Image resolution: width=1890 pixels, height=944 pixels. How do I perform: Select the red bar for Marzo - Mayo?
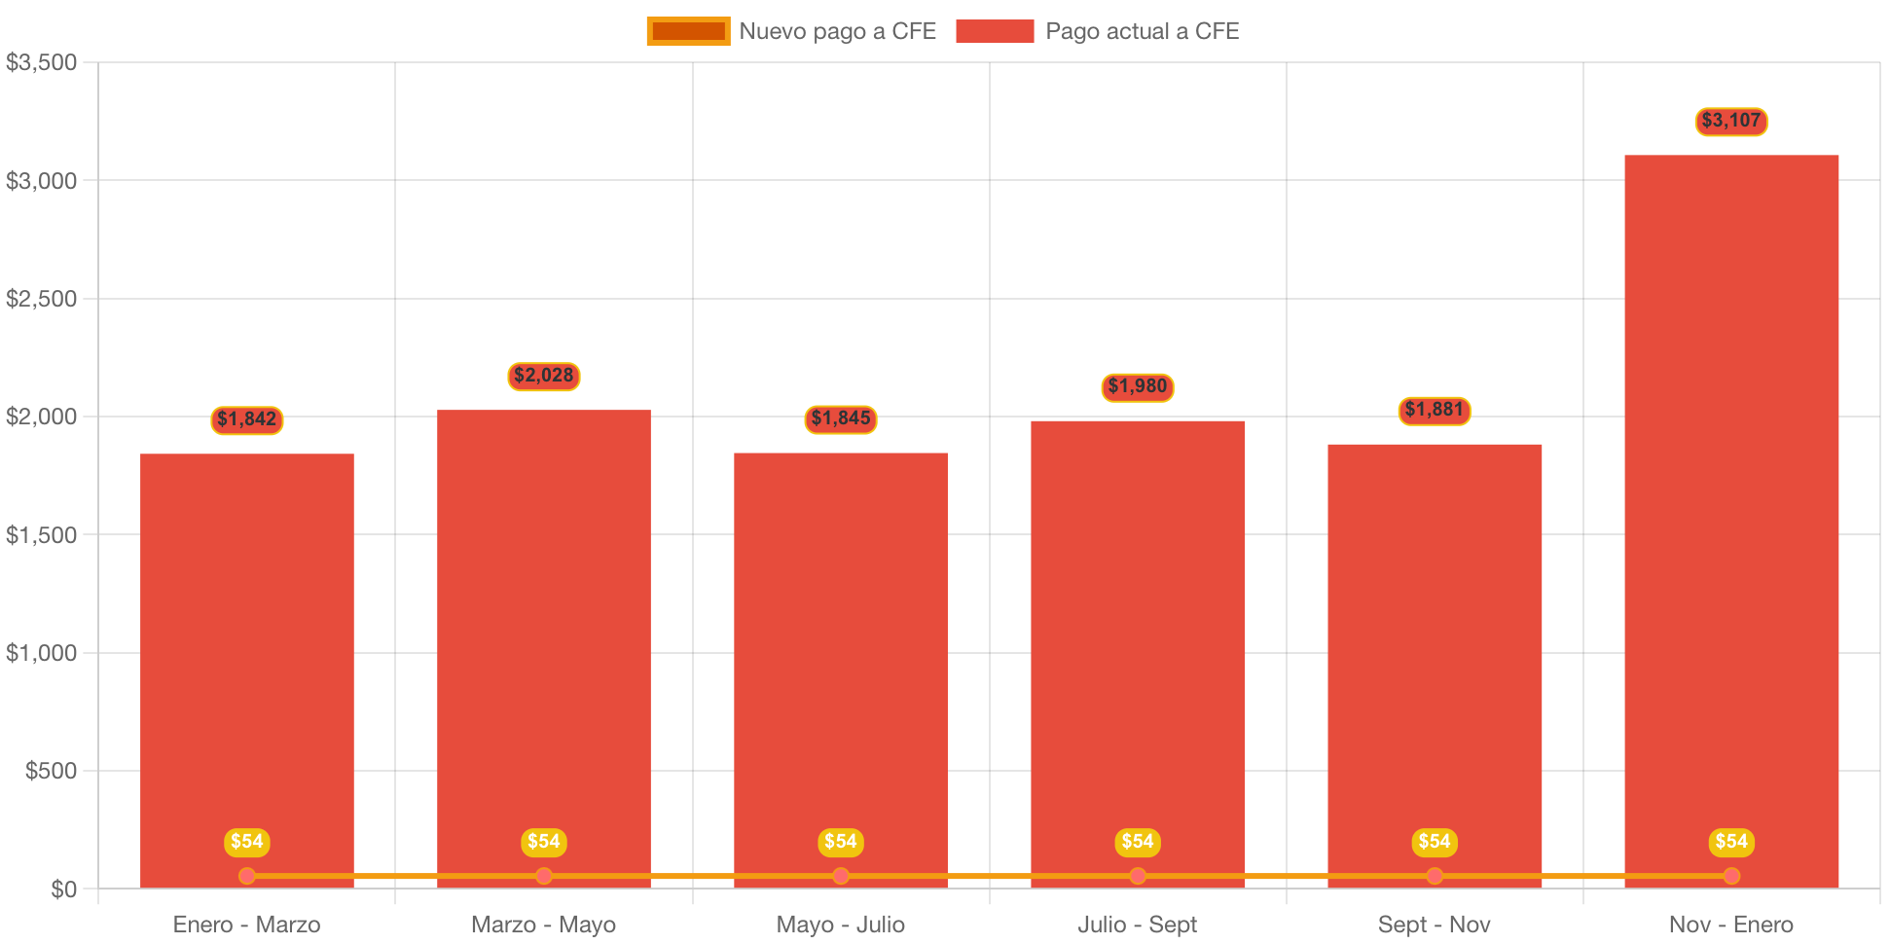543,642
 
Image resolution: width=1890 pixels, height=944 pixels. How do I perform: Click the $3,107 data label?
1730,121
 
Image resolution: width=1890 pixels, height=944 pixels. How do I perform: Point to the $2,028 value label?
543,376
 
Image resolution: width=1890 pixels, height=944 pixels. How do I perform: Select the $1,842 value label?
246,419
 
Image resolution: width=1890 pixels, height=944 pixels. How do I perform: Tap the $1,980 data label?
1137,386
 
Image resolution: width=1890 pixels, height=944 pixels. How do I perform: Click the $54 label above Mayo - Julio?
840,842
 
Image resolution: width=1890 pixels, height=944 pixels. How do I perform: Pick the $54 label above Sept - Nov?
1434,842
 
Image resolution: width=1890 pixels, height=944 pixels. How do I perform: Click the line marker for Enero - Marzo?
246,876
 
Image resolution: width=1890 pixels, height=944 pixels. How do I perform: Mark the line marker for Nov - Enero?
1730,876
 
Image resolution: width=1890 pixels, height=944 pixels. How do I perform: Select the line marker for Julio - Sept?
1137,876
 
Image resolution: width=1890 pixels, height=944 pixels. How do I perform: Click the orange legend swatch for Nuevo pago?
688,31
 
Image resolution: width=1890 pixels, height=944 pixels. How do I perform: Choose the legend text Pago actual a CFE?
1142,31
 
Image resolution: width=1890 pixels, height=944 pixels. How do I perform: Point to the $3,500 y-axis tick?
42,63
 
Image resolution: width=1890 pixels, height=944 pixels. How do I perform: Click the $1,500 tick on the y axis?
42,535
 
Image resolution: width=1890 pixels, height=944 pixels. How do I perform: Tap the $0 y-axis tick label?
63,890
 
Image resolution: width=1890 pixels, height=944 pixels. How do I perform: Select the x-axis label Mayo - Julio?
840,925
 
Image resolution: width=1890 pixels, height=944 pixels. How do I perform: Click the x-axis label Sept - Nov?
1434,925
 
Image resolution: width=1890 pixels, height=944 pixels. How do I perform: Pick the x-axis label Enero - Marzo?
246,925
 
